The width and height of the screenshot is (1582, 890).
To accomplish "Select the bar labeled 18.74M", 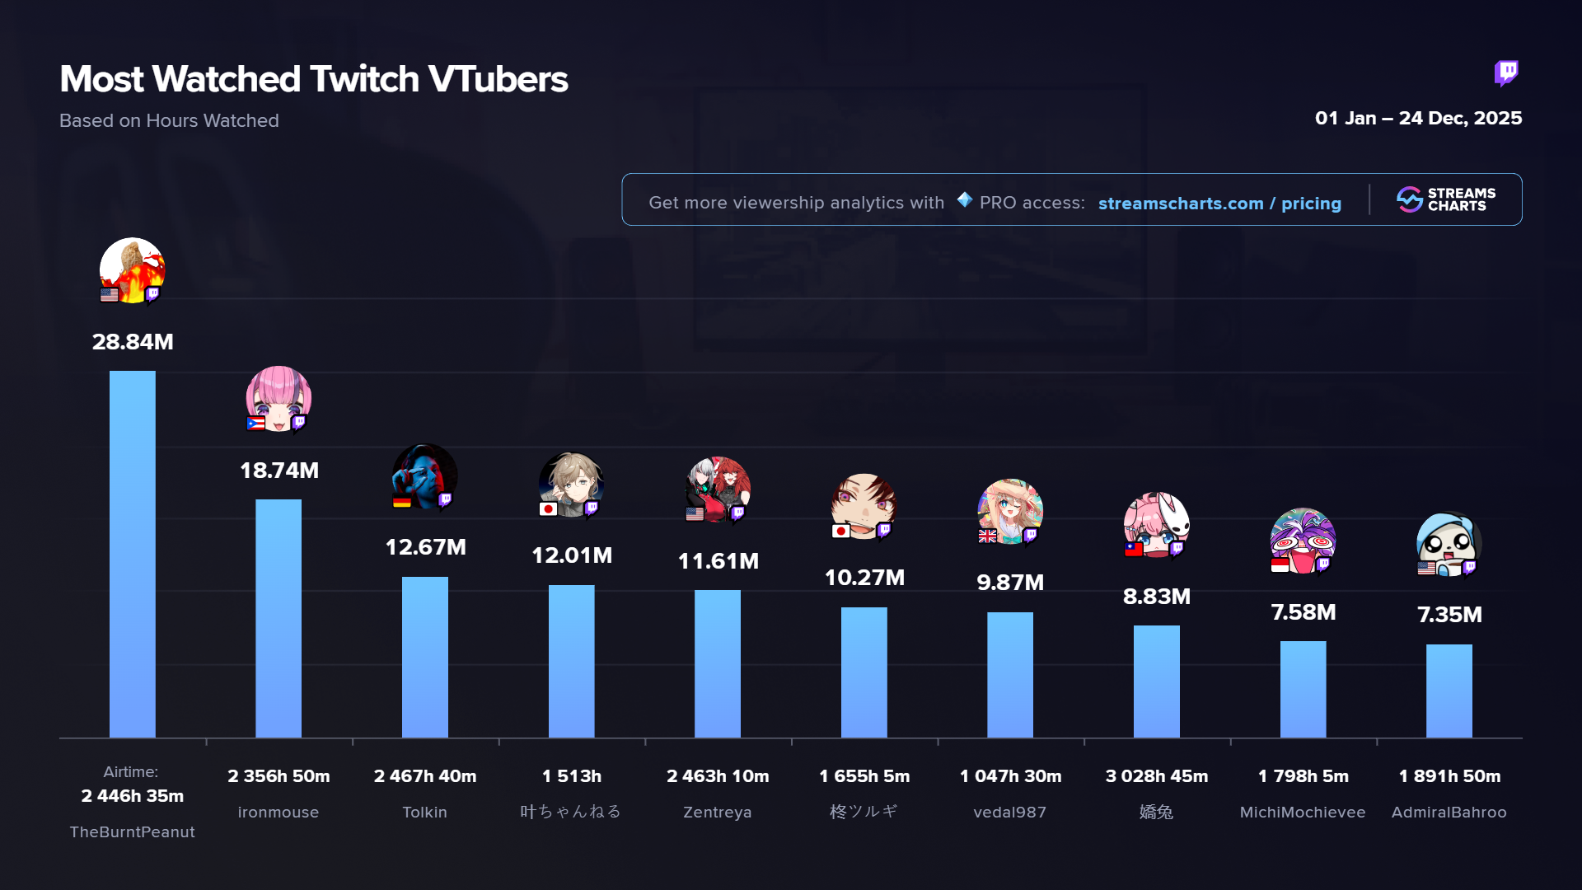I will (x=278, y=618).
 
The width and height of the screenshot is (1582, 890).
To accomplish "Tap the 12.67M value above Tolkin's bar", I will (x=425, y=547).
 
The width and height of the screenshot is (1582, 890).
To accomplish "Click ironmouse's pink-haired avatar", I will (x=278, y=398).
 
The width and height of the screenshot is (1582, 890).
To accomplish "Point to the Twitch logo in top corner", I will (x=1506, y=73).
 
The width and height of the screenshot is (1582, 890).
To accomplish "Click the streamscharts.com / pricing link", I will (x=1219, y=204).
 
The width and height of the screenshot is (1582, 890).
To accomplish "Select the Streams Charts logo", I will (x=1446, y=199).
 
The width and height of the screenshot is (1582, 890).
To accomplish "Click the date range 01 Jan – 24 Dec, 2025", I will (x=1418, y=118).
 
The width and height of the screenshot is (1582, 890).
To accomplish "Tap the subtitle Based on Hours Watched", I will (x=169, y=120).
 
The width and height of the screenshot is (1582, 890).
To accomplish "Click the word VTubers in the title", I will (x=498, y=79).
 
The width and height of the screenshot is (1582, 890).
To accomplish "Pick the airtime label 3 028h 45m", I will (x=1156, y=776).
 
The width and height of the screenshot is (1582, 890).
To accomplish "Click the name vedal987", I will (x=1009, y=813).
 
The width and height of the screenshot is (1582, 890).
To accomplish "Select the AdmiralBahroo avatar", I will (x=1449, y=544).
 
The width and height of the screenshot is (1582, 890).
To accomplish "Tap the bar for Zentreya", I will (x=718, y=663).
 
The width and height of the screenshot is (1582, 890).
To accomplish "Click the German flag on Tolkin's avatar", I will (x=401, y=502).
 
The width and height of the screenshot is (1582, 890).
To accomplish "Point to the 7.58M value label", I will (x=1303, y=612).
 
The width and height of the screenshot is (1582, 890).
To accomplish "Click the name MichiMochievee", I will (x=1303, y=813).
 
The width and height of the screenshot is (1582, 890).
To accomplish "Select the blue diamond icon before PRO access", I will (x=964, y=199).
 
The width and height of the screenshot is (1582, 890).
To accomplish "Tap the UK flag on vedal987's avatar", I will (x=987, y=536).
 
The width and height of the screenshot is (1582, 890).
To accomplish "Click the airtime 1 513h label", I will (x=571, y=776).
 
